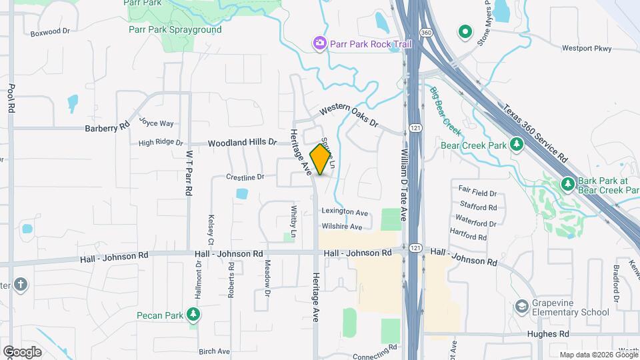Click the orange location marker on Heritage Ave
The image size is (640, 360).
pos(321,159)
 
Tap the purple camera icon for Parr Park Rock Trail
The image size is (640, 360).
pos(320,44)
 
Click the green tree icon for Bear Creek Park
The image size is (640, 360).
pos(516,144)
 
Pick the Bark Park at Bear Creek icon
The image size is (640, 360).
pos(567,183)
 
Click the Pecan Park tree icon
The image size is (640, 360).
pos(193,313)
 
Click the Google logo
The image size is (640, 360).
pos(22,351)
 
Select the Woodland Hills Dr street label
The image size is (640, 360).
pos(241,143)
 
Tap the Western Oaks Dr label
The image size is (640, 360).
pos(348,116)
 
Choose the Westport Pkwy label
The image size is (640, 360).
pos(587,48)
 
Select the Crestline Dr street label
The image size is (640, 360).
pos(245,177)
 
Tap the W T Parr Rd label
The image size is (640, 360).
pos(189,172)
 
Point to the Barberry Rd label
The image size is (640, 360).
pos(107,127)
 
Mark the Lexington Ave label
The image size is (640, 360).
pos(345,213)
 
